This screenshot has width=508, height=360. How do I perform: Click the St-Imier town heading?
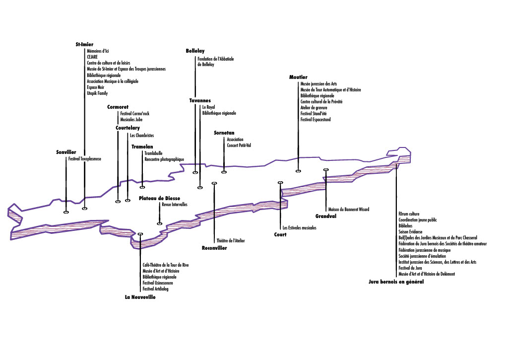84,44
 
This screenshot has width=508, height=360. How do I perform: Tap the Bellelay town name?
195,51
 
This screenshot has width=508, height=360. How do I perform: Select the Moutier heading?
298,77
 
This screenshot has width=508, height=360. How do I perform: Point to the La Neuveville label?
140,297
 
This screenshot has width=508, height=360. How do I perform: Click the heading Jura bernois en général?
396,282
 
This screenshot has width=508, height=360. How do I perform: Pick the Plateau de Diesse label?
159,198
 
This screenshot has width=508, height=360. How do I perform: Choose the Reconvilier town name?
214,248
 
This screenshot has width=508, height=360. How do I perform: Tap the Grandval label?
326,216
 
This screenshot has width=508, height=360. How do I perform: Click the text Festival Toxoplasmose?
84,159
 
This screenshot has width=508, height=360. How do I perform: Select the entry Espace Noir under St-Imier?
96,87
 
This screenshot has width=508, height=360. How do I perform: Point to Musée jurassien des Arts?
319,84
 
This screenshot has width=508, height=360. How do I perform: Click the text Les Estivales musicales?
299,228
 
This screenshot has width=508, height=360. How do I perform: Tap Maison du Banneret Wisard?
349,210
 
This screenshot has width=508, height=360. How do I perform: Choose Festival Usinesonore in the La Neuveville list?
158,283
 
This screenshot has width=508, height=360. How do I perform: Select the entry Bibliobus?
406,226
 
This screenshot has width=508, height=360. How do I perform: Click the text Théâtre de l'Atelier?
231,241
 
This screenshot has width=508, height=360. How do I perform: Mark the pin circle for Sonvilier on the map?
66,212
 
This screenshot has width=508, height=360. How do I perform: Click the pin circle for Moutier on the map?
298,171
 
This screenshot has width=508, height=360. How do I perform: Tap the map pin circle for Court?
280,183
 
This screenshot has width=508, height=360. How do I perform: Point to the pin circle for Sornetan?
224,172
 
